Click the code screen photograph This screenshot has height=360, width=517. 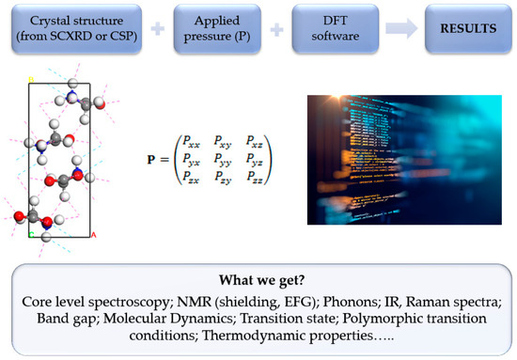(x=392, y=157)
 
